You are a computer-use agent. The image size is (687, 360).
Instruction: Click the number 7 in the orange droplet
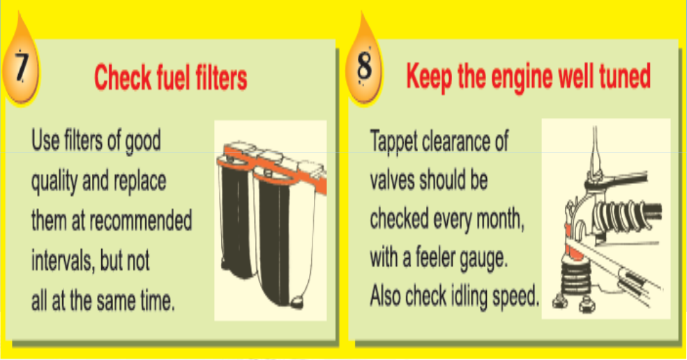(21, 67)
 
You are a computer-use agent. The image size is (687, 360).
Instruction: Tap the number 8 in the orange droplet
(364, 67)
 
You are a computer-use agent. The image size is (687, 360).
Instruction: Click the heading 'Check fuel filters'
(170, 77)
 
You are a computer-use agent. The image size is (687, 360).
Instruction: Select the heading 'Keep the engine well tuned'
(529, 76)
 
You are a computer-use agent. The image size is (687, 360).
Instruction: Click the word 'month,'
(500, 219)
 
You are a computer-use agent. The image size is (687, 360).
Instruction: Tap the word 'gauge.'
(484, 259)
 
